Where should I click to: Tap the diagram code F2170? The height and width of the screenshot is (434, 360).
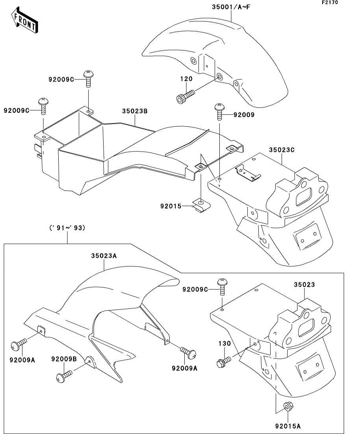pos(330,2)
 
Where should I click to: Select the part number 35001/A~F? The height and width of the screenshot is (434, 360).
pos(231,7)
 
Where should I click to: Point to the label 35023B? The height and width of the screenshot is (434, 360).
pos(135,111)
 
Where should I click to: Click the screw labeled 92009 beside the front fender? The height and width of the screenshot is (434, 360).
pos(219,111)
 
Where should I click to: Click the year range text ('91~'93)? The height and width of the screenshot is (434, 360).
pos(67,228)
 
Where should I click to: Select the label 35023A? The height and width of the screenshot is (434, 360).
pos(104,256)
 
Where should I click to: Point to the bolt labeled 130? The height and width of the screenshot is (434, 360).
pos(223,361)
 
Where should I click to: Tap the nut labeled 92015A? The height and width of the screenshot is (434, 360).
pos(288,407)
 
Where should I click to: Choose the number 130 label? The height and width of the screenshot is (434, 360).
pos(225,344)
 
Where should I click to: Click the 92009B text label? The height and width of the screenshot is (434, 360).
pos(64,359)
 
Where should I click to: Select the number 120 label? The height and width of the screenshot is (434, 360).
pos(186,79)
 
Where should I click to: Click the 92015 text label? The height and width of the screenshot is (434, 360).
pos(171,206)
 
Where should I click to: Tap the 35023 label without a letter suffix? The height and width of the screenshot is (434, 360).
pos(304,284)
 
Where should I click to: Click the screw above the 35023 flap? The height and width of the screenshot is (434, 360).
pos(222,287)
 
